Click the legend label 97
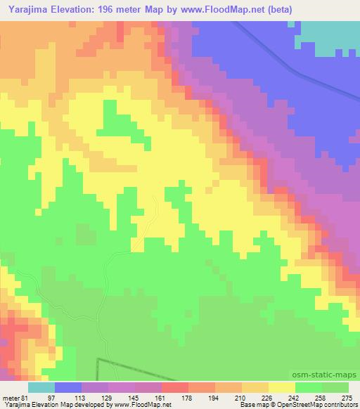[x=68, y=397]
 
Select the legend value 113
[x=95, y=397]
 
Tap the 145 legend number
[x=148, y=397]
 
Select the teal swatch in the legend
[x=41, y=387]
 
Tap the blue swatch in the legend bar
[x=68, y=387]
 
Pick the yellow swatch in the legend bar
[x=282, y=387]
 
